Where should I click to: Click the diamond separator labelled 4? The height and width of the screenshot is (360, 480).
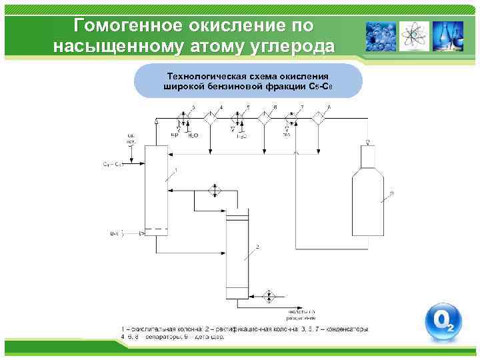tap(211, 118)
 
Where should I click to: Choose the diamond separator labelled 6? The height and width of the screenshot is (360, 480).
tap(265, 118)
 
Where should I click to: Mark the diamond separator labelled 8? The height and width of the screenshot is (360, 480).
tap(319, 118)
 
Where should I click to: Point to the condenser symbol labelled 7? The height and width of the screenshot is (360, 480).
tap(291, 119)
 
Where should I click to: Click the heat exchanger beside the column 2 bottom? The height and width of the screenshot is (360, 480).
tap(270, 295)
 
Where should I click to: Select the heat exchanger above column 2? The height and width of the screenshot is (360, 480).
tap(214, 191)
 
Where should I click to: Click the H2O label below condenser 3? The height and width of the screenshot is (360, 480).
tap(193, 136)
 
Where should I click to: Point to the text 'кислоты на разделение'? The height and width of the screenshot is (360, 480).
tap(301, 315)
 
